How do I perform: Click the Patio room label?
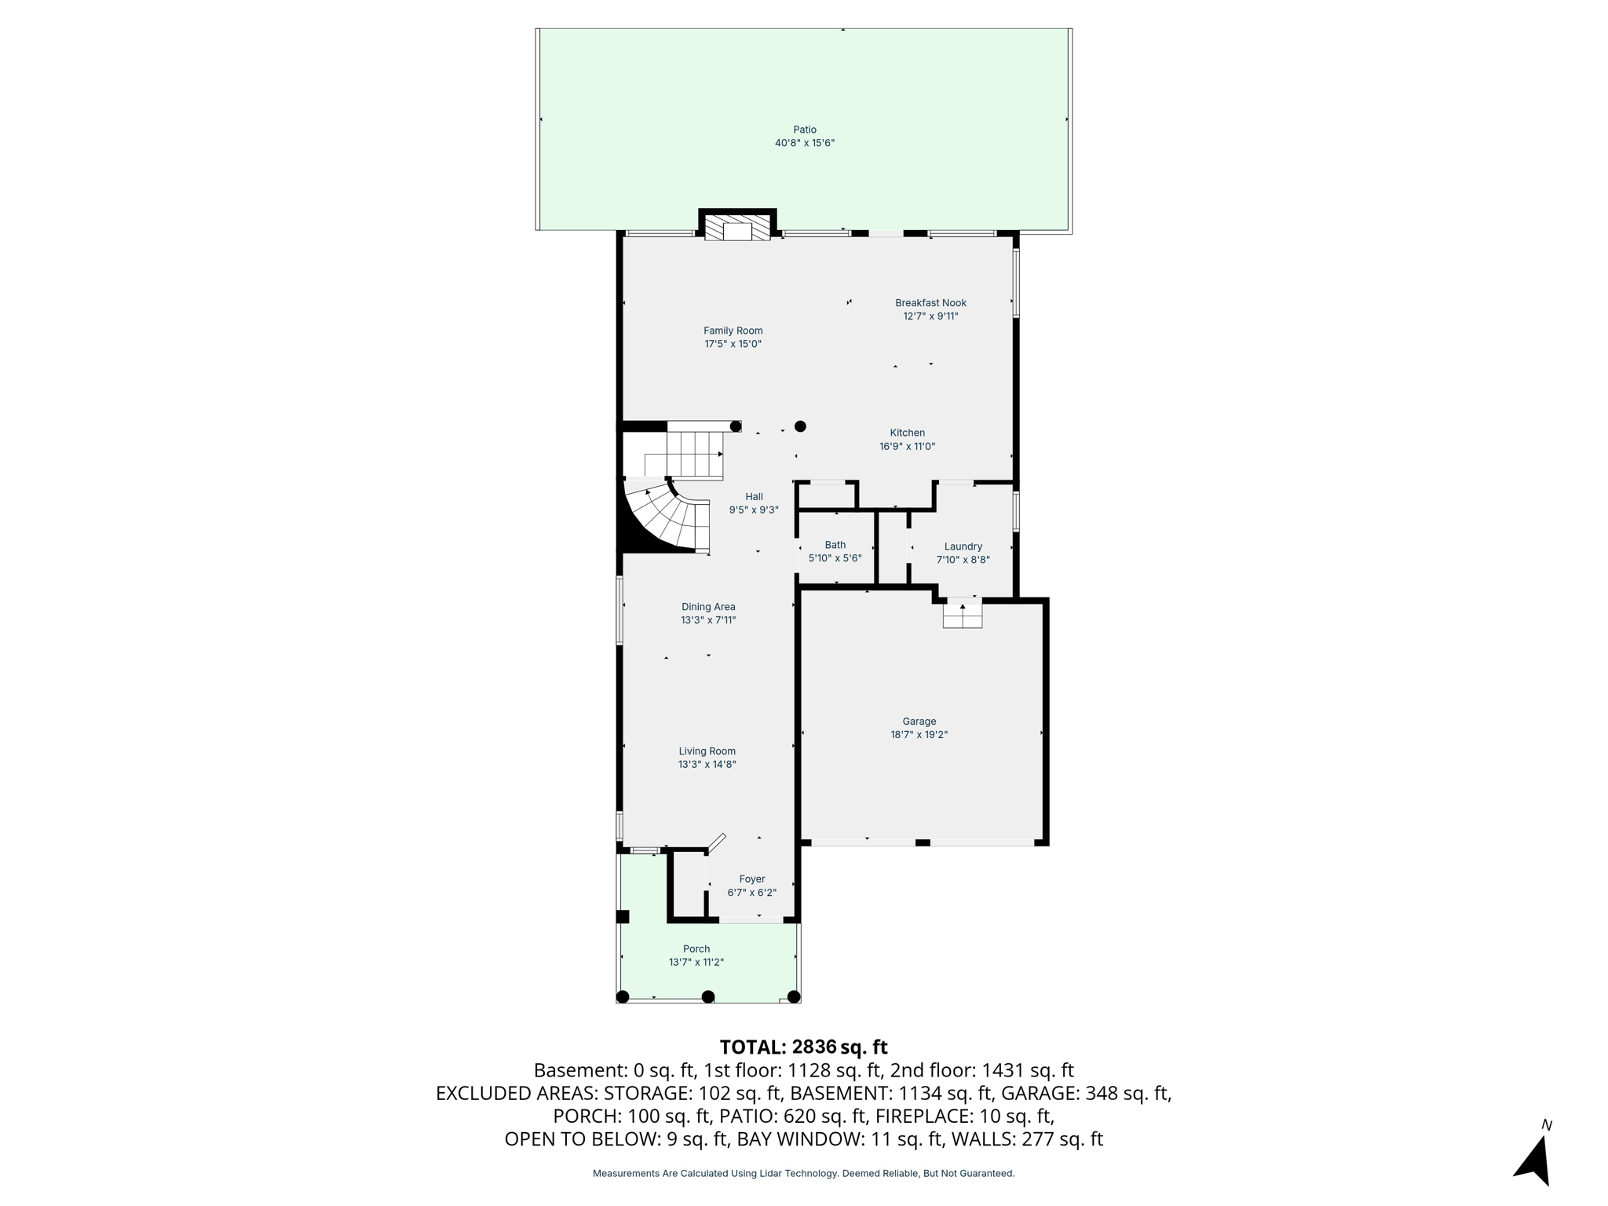click(804, 130)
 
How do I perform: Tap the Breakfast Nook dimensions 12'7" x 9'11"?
click(930, 316)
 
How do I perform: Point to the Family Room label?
click(733, 331)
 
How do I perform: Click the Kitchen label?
click(907, 433)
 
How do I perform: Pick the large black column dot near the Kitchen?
click(800, 426)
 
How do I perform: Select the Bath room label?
click(835, 545)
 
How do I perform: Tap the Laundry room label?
click(963, 546)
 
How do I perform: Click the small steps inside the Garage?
click(963, 614)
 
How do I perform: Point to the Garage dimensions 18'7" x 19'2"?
click(919, 735)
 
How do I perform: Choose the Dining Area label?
click(708, 606)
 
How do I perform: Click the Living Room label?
click(707, 751)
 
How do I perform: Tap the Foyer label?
click(751, 879)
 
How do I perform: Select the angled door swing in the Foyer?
click(716, 842)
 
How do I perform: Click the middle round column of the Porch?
click(707, 996)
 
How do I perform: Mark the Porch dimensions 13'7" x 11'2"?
click(696, 962)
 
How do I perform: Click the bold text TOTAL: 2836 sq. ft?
click(803, 1047)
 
